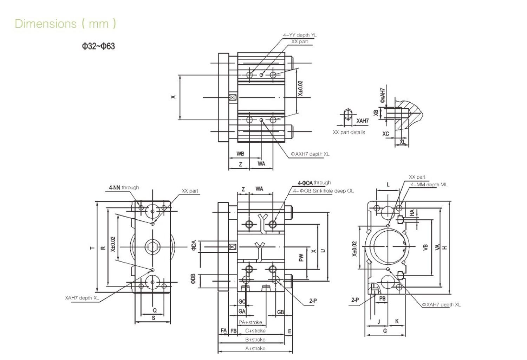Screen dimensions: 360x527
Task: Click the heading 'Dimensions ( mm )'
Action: pos(65,24)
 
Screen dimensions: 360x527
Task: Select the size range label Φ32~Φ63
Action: pos(98,46)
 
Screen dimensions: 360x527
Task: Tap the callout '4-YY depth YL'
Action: pos(300,35)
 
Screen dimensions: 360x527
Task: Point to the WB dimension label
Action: pos(240,154)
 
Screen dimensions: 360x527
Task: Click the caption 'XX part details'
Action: pos(349,132)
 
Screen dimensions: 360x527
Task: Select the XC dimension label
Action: pos(385,134)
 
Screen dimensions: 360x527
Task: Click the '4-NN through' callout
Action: pos(124,187)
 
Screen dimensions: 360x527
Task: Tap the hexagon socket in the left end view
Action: pos(152,247)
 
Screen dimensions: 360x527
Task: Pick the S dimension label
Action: pos(153,318)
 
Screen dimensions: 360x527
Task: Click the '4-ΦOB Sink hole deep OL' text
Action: pos(323,191)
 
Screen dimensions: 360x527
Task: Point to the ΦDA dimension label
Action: pos(194,245)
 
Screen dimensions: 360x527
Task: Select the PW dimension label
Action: pos(301,258)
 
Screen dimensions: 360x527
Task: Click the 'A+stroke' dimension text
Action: pos(255,348)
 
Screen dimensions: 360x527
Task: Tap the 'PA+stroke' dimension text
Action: pos(251,322)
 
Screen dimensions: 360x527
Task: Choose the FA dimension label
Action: pos(223,330)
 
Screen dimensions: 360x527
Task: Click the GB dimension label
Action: pos(280,312)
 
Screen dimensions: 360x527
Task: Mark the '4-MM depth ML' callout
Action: pos(429,185)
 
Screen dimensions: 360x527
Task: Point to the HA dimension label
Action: pos(412,213)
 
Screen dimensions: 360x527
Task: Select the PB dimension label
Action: pos(382,298)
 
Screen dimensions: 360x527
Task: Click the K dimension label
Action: pos(397,321)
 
